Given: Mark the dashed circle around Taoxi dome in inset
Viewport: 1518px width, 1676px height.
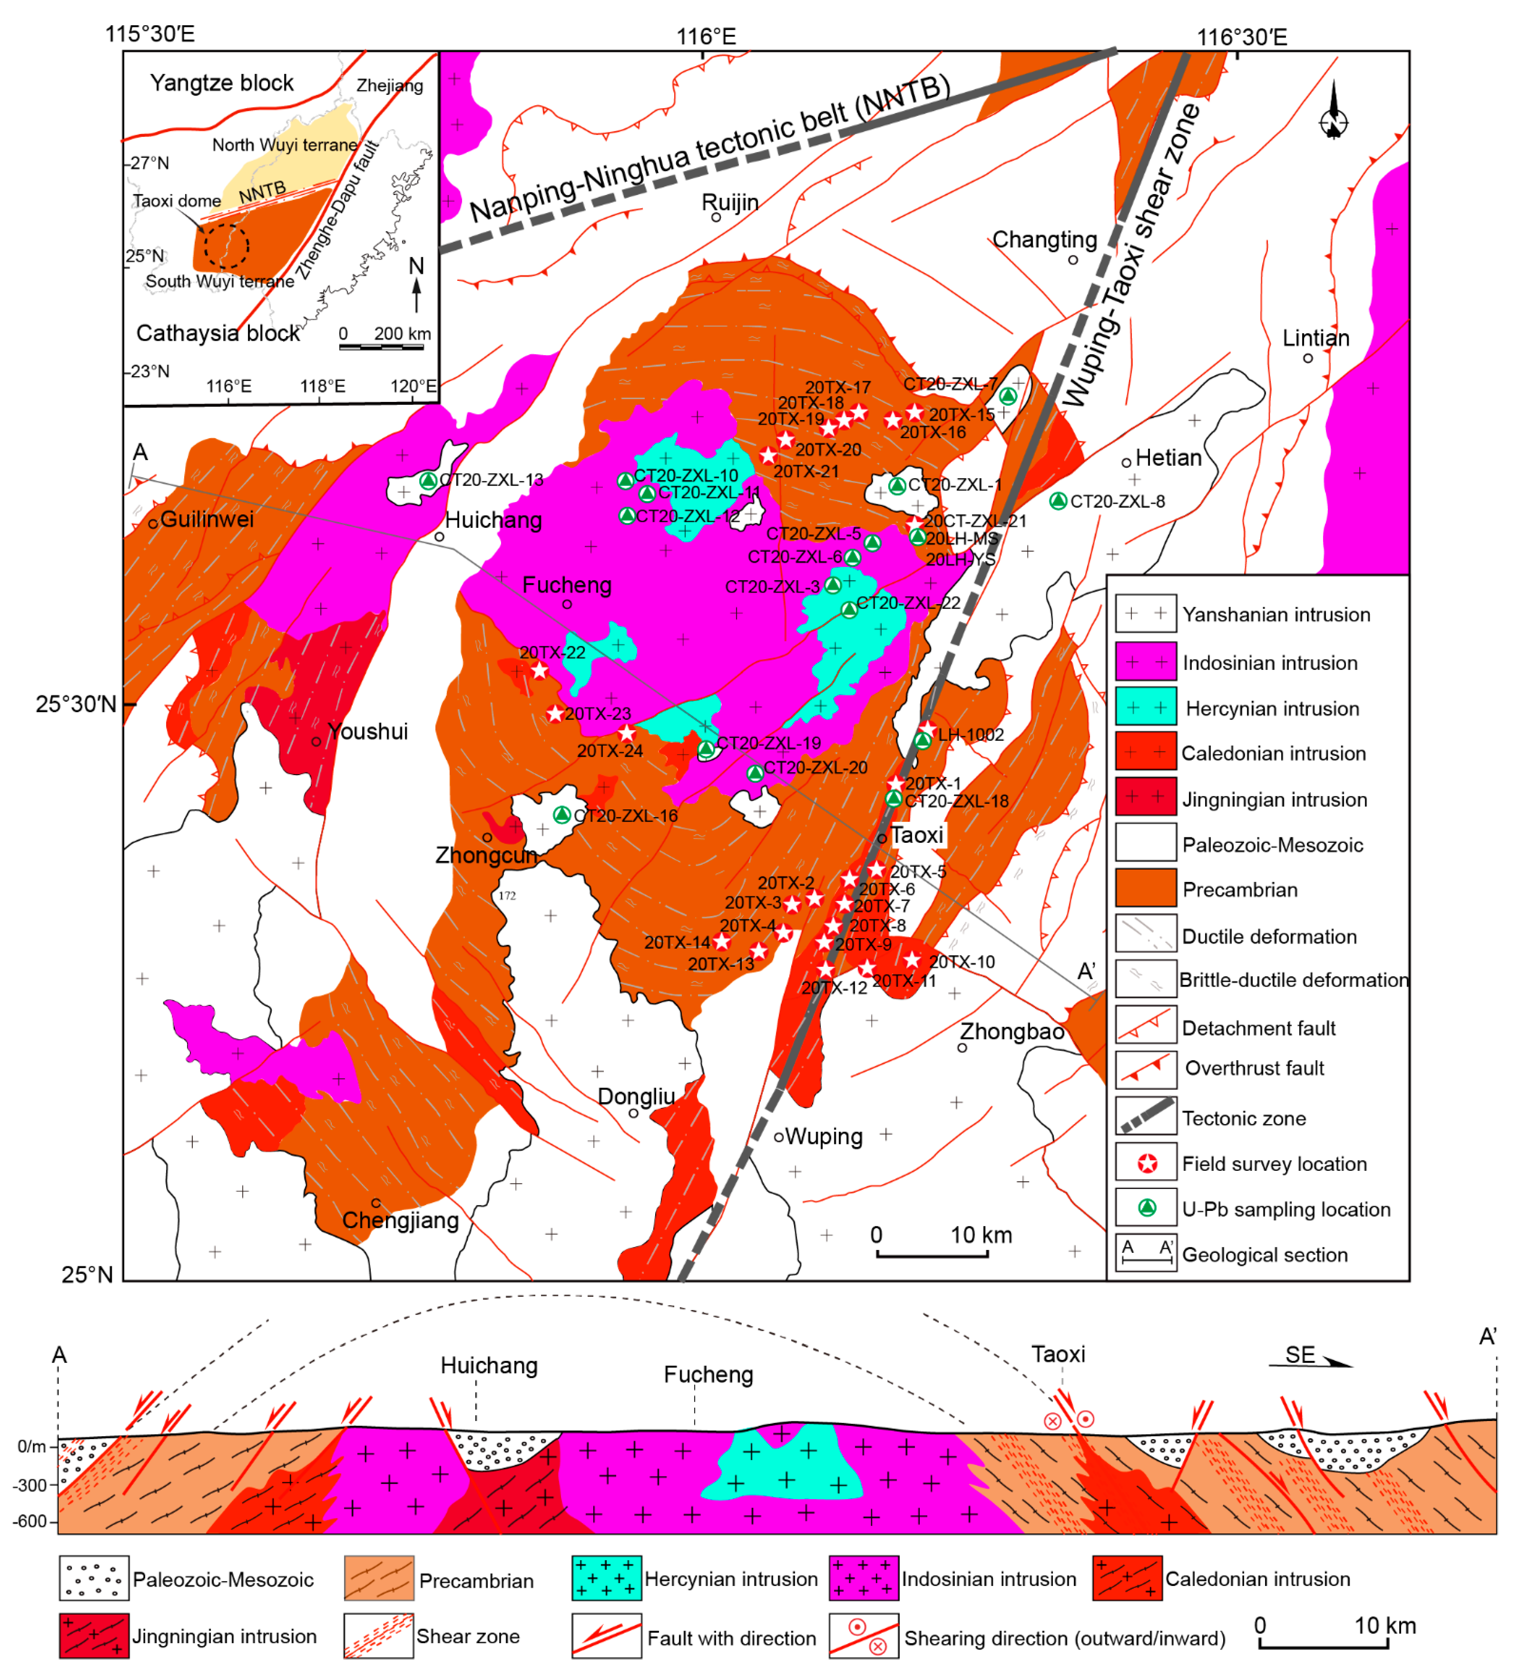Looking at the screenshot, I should (226, 245).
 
